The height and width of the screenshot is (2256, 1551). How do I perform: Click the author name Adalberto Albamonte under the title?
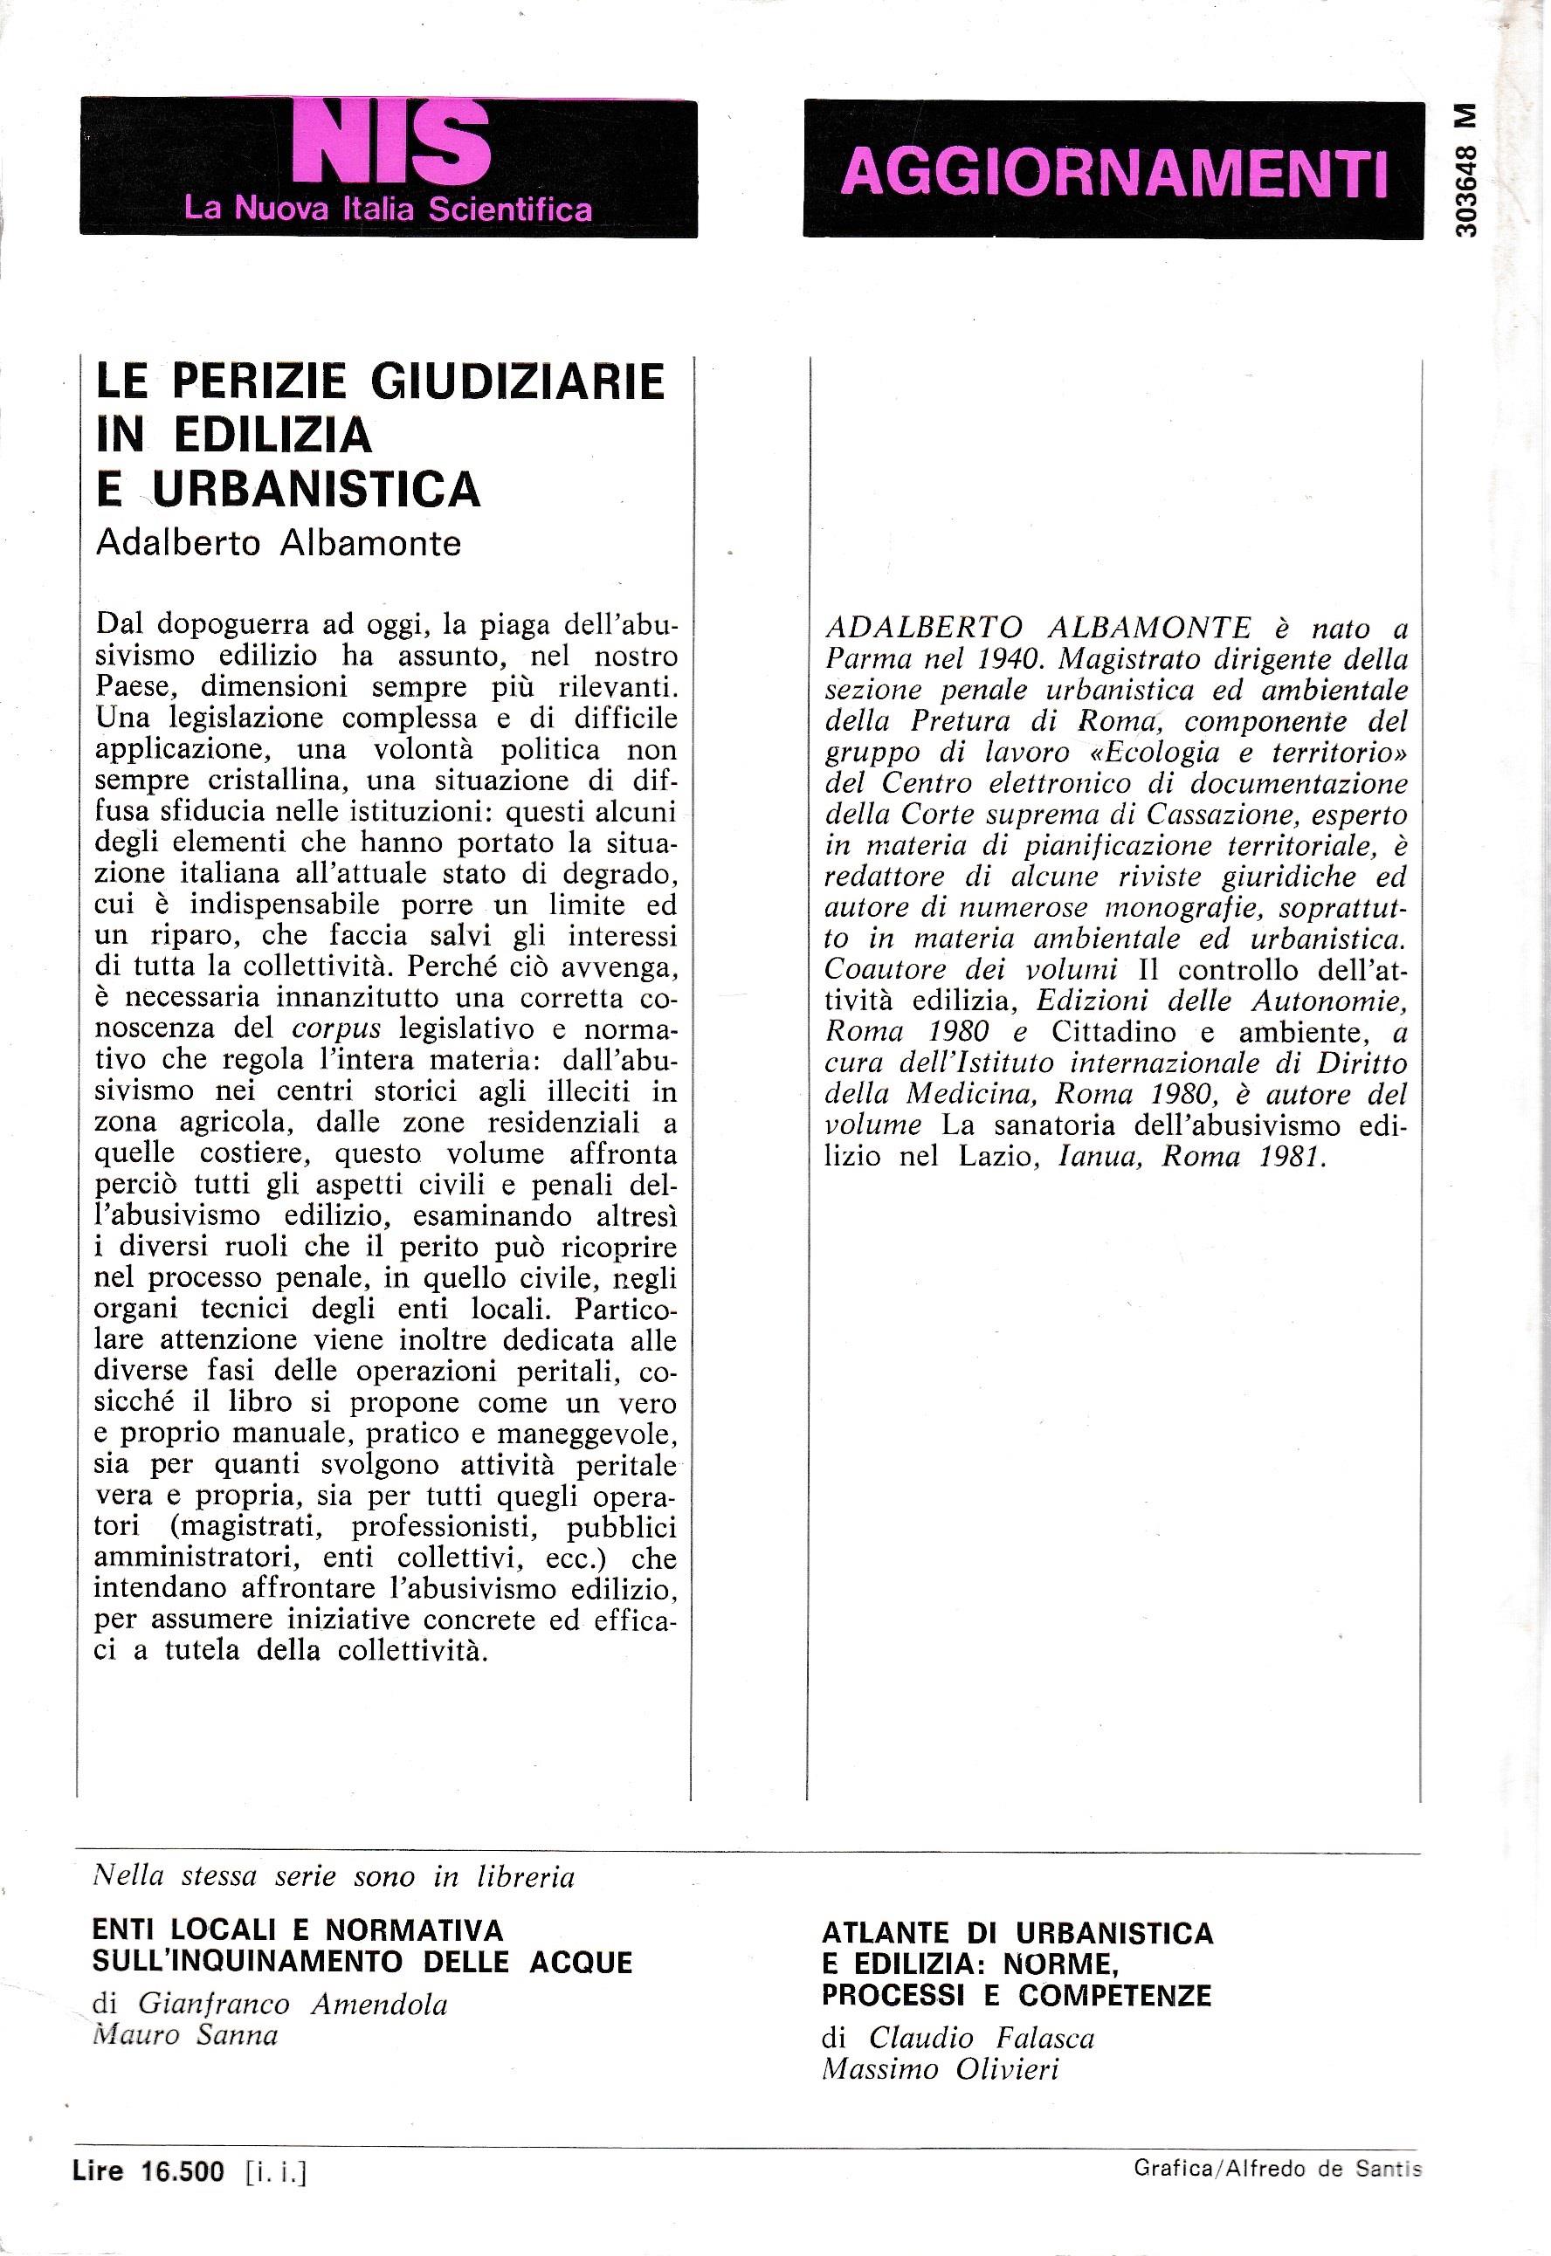278,542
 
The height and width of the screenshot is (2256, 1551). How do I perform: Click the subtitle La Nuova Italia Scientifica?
388,208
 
